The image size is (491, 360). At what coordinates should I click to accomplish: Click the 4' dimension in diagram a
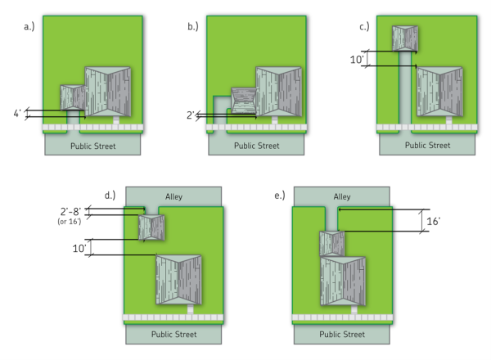click(19, 114)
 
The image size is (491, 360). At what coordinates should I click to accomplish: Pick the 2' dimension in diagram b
click(190, 115)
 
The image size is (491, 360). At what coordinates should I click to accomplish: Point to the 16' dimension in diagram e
click(434, 221)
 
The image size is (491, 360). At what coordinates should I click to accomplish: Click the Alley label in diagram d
click(173, 196)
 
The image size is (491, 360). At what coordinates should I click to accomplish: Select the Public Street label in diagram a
click(92, 146)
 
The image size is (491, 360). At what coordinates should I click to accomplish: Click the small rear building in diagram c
click(405, 38)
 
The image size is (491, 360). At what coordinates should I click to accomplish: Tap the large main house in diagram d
click(178, 280)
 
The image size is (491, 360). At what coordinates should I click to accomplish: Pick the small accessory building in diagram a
click(73, 98)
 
